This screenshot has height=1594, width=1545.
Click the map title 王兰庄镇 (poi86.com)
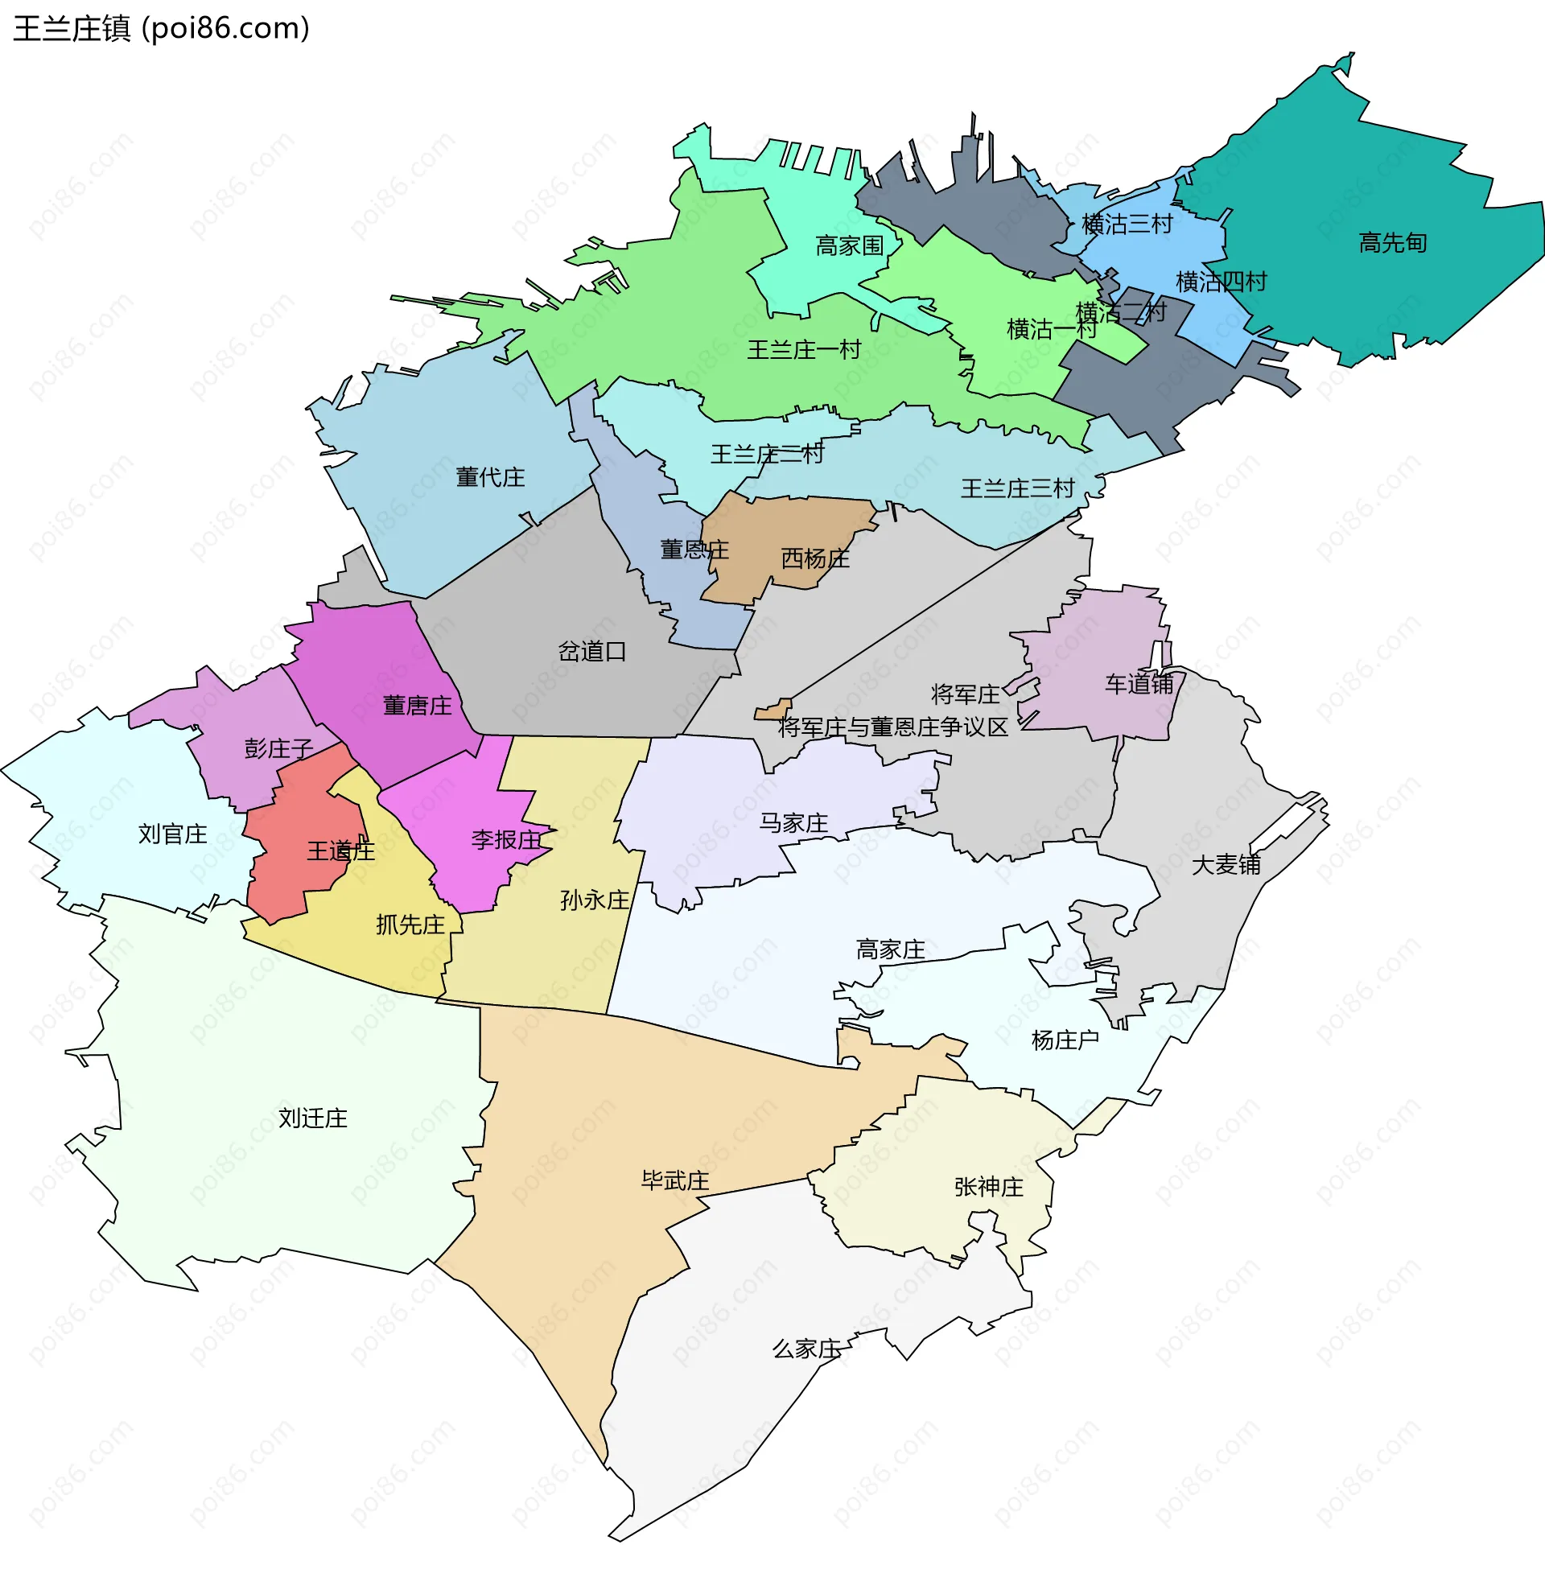coord(161,28)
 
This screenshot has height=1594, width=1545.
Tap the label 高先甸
coord(1393,242)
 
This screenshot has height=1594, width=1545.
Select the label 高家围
coord(849,245)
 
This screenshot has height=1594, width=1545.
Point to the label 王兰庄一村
coord(803,350)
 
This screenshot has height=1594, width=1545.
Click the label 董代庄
coord(489,477)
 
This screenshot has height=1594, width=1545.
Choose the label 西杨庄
coord(815,558)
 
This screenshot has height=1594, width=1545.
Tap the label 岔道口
coord(592,652)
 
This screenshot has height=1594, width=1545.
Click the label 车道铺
coord(1139,684)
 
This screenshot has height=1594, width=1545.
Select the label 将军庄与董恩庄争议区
coord(892,727)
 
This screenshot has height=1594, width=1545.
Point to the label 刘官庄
coord(172,834)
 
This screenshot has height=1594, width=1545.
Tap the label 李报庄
coord(506,840)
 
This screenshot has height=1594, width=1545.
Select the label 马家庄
coord(793,824)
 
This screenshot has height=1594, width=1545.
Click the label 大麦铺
coord(1226,865)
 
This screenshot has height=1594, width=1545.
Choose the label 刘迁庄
coord(312,1118)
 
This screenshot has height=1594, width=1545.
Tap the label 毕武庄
coord(675,1181)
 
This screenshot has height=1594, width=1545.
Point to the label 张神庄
coord(988,1188)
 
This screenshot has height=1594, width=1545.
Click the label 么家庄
coord(805,1349)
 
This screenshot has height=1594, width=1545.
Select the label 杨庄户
coord(1065,1040)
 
